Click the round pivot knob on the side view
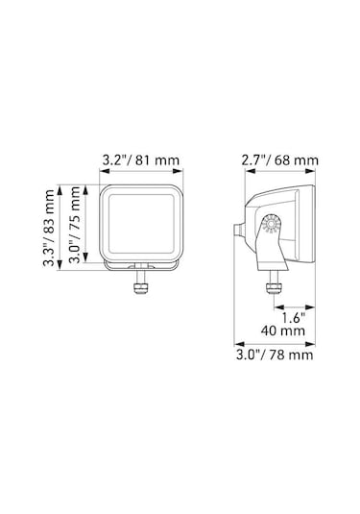[x=269, y=226]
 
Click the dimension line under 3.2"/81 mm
[x=138, y=175]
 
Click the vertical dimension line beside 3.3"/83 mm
[x=62, y=230]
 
